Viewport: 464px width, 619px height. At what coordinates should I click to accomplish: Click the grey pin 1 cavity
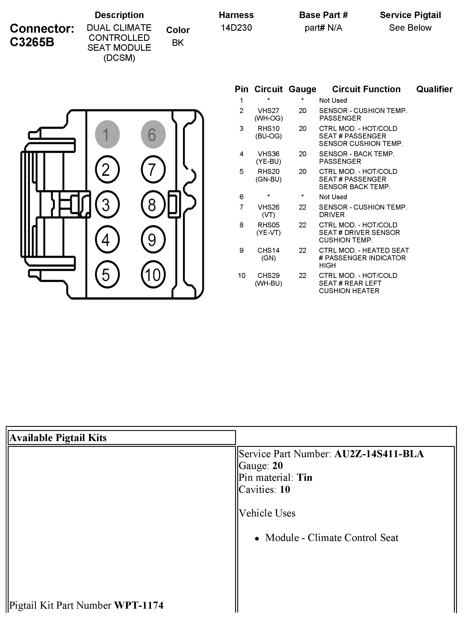click(x=107, y=134)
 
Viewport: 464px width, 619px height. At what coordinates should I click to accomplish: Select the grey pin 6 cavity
click(x=153, y=134)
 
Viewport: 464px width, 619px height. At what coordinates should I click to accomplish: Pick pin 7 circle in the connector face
click(x=153, y=170)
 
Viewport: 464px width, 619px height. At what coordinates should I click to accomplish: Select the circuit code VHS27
click(x=268, y=111)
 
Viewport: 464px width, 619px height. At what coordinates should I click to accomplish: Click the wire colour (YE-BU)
click(x=268, y=161)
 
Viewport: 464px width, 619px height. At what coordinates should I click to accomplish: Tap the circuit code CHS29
click(x=268, y=276)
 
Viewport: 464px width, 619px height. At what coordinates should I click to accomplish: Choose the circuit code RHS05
click(x=268, y=225)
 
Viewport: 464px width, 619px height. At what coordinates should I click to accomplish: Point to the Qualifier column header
click(x=434, y=89)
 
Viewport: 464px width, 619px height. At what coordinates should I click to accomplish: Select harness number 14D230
click(x=236, y=28)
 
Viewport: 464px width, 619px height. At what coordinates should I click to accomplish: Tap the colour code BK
click(x=178, y=43)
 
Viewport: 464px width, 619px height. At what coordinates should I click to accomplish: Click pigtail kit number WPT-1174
click(x=139, y=605)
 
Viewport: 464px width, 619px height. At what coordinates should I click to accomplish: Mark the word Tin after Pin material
click(x=304, y=477)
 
